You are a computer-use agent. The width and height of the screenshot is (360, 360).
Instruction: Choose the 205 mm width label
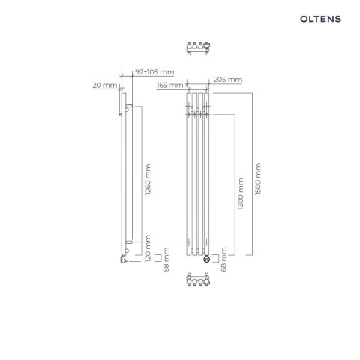pyautogui.click(x=228, y=79)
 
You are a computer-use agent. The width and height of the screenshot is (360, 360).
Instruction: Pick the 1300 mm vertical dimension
pyautogui.click(x=240, y=194)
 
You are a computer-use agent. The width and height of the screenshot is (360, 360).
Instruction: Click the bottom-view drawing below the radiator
pyautogui.click(x=197, y=285)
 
